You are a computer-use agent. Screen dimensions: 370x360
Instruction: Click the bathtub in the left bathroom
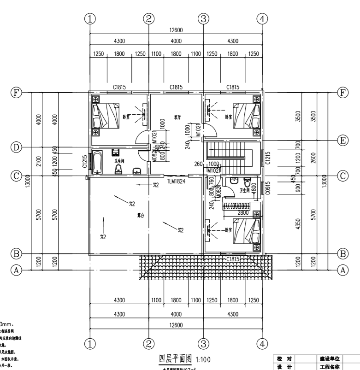click(x=97, y=162)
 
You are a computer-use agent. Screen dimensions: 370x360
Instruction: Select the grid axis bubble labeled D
click(x=17, y=147)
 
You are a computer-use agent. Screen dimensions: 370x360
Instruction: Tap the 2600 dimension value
click(x=314, y=158)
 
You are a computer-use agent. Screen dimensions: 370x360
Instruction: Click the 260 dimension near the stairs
click(x=199, y=164)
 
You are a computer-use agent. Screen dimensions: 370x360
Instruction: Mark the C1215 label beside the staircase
click(x=268, y=158)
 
